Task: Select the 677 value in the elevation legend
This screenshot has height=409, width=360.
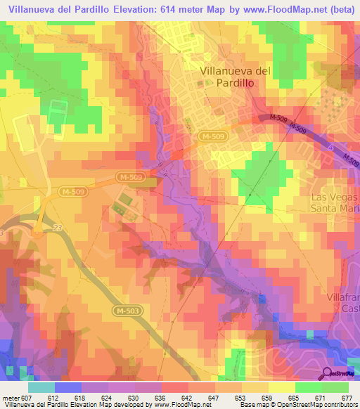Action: coord(345,397)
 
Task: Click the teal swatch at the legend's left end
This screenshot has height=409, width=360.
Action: coord(41,387)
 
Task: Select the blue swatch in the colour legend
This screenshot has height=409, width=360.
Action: coord(68,387)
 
